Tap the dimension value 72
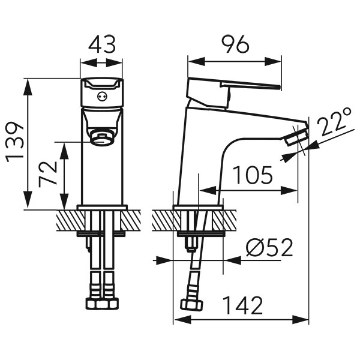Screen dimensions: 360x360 (x=49, y=175)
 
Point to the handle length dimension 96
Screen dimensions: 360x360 (x=235, y=45)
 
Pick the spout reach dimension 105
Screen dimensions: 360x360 (x=253, y=175)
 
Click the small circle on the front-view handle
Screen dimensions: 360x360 (x=102, y=95)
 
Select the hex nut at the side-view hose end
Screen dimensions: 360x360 (x=193, y=305)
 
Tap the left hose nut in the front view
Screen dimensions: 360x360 (x=95, y=303)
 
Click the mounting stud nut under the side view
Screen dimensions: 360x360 (x=191, y=244)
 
